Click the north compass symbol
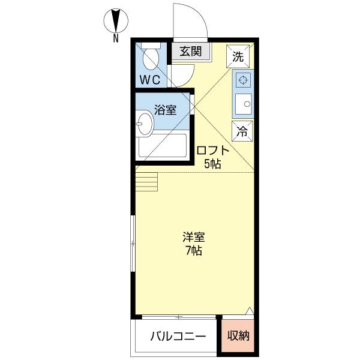[x=115, y=21]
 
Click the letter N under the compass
[x=115, y=39]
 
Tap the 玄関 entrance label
[x=191, y=52]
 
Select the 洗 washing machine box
[x=238, y=57]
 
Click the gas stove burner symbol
[x=243, y=80]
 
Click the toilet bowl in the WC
[x=151, y=60]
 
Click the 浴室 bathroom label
[x=165, y=110]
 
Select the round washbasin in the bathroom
[x=144, y=126]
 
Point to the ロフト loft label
[x=213, y=151]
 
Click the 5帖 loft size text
[x=212, y=164]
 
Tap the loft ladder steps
[x=147, y=179]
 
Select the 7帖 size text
[x=193, y=251]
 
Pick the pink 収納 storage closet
[x=238, y=335]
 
